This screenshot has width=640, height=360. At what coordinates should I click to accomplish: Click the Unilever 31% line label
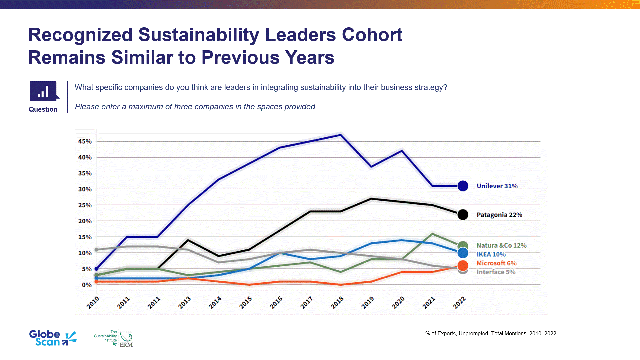[x=497, y=186]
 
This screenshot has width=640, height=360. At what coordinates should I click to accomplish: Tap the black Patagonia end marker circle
[x=463, y=215]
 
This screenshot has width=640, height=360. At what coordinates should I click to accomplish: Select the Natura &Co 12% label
[x=501, y=245]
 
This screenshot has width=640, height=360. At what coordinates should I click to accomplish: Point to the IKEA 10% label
[x=491, y=254]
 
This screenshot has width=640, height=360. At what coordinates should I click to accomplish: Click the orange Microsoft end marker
[x=463, y=266]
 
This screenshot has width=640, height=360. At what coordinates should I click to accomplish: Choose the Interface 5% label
[x=496, y=272]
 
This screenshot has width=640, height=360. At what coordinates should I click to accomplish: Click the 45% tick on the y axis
[x=85, y=141]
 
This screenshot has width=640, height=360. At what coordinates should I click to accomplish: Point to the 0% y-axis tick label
[x=87, y=285]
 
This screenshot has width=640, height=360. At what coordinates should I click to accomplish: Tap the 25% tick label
[x=85, y=205]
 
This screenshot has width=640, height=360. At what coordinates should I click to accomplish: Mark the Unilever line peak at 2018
[x=340, y=135]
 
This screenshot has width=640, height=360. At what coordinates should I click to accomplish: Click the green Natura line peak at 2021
[x=432, y=234]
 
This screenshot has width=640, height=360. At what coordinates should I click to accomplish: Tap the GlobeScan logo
[x=53, y=338]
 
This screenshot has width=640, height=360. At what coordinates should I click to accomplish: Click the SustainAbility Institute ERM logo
[x=114, y=339]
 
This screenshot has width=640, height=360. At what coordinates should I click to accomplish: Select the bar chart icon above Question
[x=44, y=91]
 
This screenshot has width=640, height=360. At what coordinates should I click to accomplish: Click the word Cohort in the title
[x=372, y=35]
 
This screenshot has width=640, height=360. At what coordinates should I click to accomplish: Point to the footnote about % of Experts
[x=491, y=333]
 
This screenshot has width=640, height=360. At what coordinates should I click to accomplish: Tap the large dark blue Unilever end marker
[x=463, y=186]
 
